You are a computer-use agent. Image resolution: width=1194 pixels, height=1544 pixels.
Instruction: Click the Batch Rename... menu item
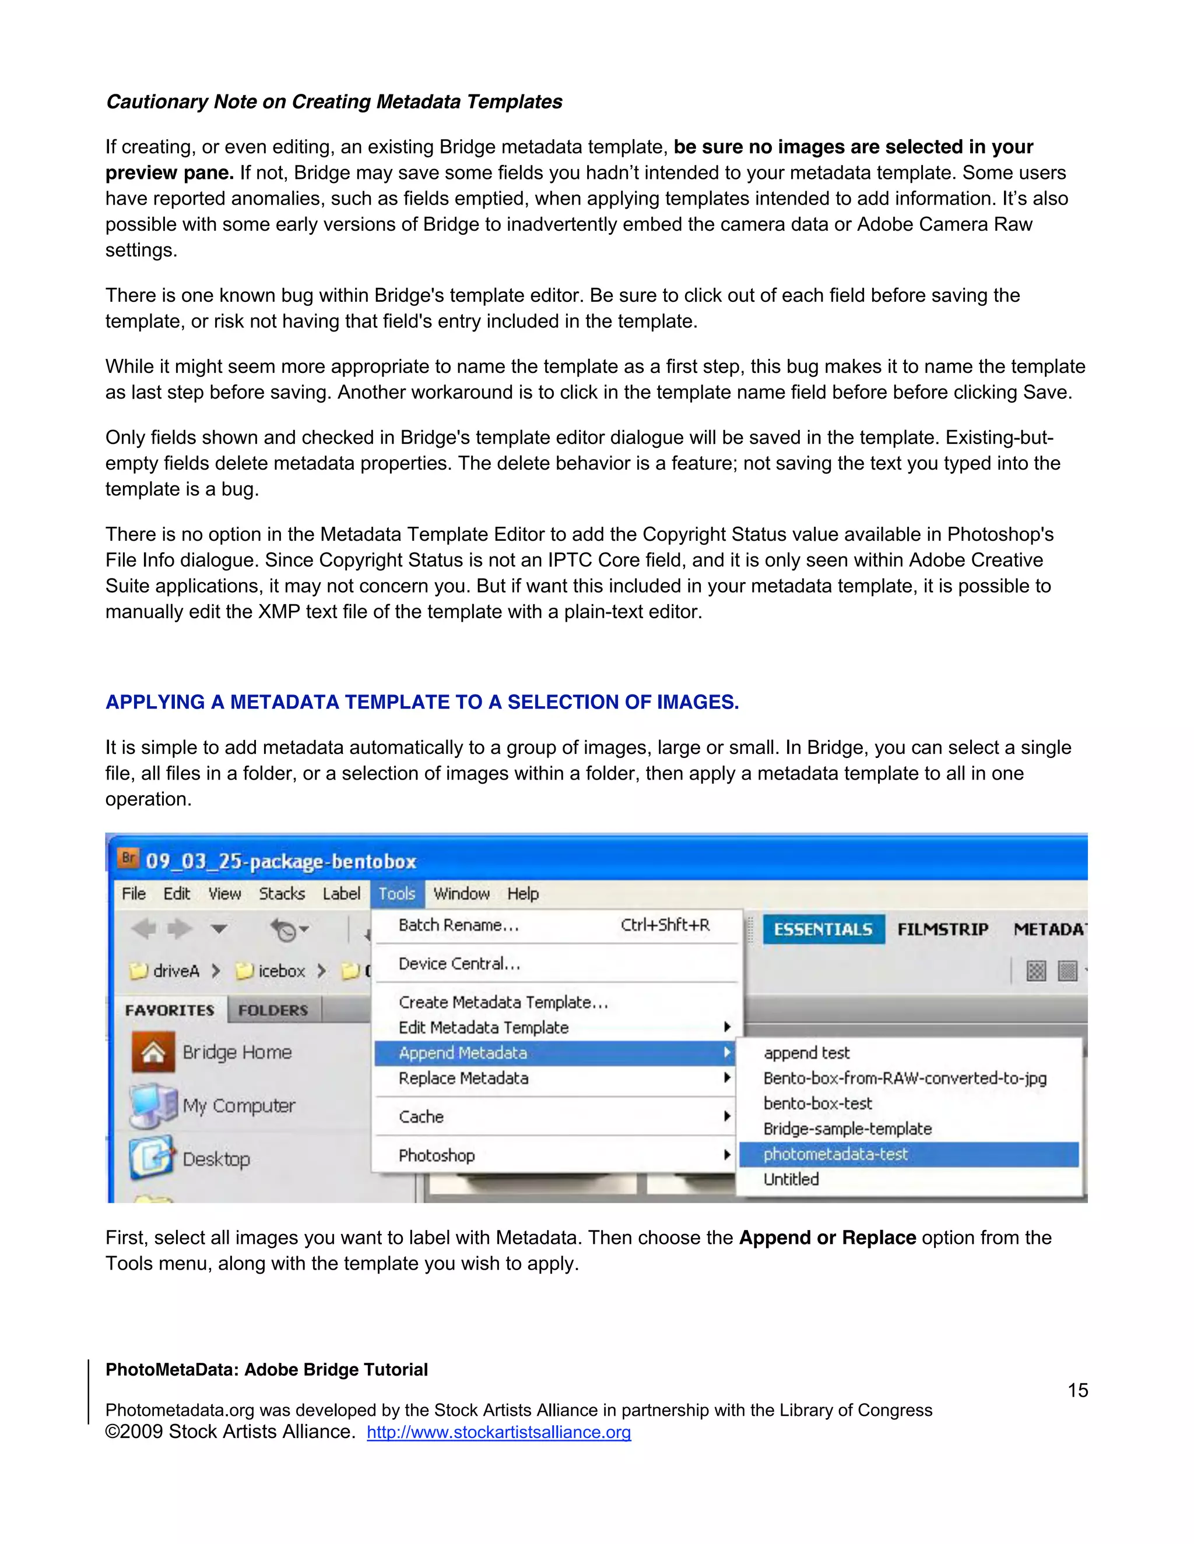click(459, 925)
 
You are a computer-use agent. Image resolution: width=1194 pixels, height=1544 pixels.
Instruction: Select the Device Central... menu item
click(459, 964)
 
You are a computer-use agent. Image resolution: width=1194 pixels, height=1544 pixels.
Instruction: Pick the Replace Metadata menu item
click(463, 1078)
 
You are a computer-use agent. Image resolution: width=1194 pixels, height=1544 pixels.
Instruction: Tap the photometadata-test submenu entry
click(835, 1154)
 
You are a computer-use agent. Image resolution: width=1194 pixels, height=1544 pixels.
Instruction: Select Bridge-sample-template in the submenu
click(847, 1129)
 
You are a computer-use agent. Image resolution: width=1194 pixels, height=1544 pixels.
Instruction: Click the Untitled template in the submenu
click(791, 1179)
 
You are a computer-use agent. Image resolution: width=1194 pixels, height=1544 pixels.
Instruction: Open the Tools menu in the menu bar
click(397, 894)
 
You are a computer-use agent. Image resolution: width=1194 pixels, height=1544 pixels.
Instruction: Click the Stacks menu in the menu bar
click(282, 894)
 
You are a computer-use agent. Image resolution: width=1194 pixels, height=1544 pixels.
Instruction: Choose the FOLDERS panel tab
click(273, 1010)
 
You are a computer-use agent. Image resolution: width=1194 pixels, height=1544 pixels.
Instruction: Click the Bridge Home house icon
click(153, 1053)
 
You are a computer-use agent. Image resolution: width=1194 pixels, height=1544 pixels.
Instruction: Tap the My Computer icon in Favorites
click(152, 1106)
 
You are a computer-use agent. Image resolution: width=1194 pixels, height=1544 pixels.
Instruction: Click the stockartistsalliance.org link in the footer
click(498, 1432)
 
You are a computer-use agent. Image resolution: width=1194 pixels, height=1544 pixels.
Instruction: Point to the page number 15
click(1077, 1391)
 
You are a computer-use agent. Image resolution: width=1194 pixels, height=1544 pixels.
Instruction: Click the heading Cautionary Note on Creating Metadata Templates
click(334, 102)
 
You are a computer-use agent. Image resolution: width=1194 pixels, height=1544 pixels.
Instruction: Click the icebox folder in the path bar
click(272, 971)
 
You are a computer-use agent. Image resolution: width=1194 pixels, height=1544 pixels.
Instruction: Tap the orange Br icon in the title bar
click(128, 859)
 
